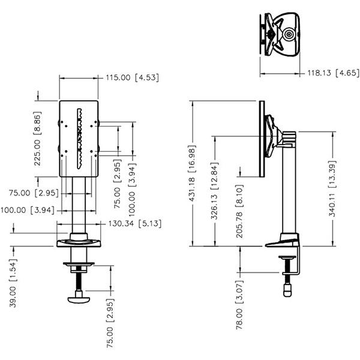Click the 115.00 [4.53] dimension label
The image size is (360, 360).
click(x=132, y=77)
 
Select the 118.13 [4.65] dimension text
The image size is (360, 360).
click(x=334, y=73)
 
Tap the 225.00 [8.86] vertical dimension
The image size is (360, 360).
click(x=37, y=139)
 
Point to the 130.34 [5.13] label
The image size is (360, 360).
click(x=135, y=223)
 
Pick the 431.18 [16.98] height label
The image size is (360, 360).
click(x=192, y=173)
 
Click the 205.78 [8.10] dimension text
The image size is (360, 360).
click(x=239, y=211)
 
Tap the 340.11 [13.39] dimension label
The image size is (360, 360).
click(x=332, y=189)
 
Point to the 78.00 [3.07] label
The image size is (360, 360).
click(x=239, y=305)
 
